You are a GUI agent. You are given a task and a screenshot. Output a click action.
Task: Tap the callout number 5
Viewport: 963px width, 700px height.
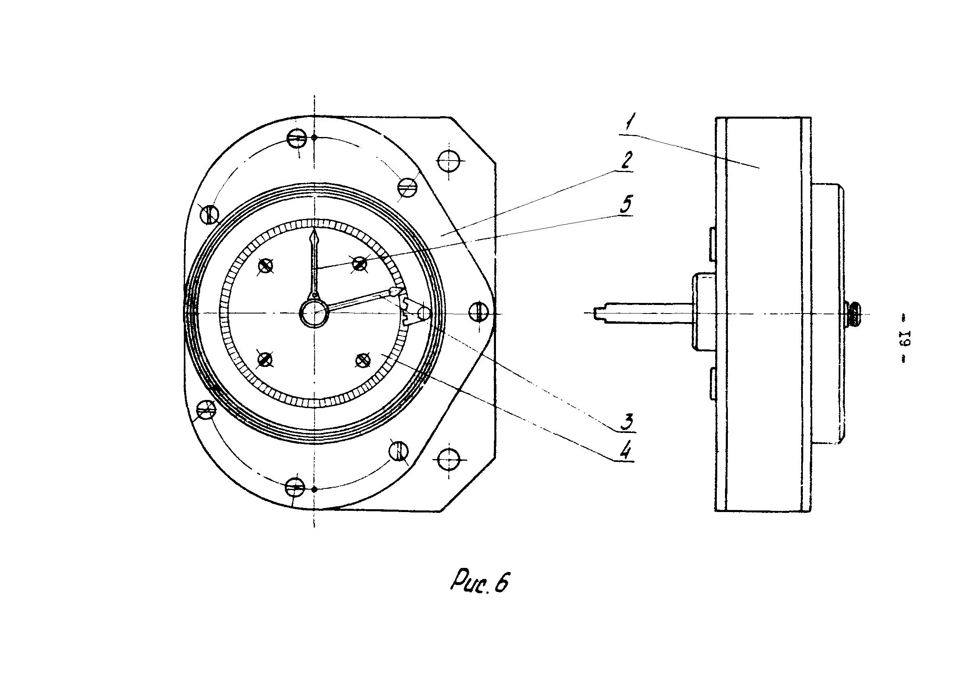tap(626, 204)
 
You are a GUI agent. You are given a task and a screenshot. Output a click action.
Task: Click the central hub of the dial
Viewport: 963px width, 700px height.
tap(314, 313)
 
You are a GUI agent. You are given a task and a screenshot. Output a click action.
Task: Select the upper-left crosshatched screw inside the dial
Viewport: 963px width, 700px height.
tap(265, 266)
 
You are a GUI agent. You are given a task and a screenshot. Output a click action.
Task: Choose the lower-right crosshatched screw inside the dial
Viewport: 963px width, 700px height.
tap(362, 360)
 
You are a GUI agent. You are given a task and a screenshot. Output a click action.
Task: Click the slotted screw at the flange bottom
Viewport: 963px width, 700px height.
tap(295, 487)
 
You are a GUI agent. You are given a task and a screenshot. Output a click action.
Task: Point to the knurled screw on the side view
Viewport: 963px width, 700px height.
tap(853, 314)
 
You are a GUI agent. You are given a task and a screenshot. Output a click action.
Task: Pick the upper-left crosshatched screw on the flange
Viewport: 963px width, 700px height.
tap(209, 214)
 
